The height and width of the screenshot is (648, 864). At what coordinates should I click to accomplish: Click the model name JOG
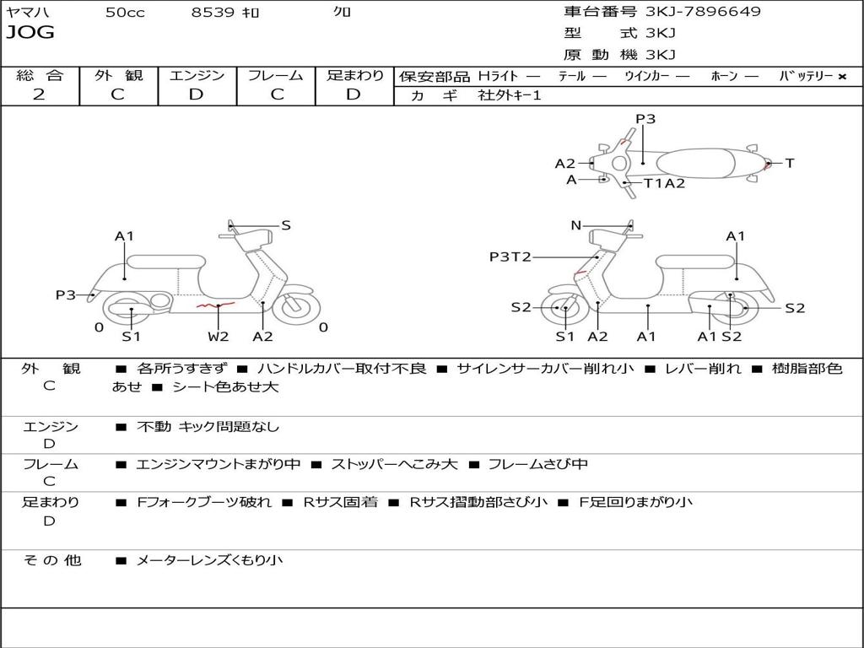(x=30, y=33)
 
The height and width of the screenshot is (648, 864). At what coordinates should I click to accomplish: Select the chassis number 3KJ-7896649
(x=703, y=12)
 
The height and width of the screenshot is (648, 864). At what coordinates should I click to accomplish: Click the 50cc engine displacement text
(x=125, y=13)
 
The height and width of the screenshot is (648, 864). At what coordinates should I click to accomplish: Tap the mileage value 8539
(x=213, y=13)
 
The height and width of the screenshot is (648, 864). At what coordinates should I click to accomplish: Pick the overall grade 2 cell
(x=39, y=94)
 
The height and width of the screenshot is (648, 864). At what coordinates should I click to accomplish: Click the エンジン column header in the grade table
(x=197, y=76)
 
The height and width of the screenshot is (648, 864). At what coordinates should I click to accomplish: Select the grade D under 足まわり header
(x=354, y=94)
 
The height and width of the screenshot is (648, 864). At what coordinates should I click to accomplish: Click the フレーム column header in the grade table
(x=275, y=76)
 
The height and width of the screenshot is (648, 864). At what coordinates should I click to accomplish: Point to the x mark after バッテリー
(x=841, y=77)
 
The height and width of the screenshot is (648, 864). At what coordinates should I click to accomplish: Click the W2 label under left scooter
(x=219, y=337)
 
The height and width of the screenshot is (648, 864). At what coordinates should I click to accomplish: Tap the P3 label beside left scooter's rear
(x=66, y=294)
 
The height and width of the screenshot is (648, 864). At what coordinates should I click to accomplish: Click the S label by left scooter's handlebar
(x=286, y=225)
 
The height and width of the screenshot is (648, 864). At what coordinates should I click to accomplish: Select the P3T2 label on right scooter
(x=510, y=256)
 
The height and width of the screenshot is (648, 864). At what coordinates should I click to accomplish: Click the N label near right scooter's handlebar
(x=576, y=225)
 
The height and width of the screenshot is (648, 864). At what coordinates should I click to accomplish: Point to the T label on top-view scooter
(x=790, y=163)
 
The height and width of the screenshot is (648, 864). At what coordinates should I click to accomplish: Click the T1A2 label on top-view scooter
(x=664, y=183)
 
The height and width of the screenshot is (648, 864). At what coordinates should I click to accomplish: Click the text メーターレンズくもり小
(x=209, y=560)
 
